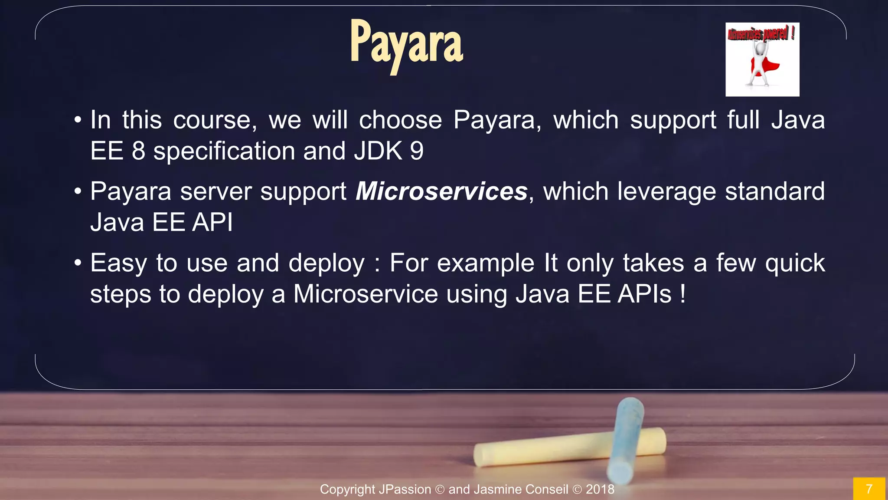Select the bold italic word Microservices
pyautogui.click(x=441, y=191)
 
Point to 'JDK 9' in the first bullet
pyautogui.click(x=388, y=151)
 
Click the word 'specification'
pyautogui.click(x=224, y=151)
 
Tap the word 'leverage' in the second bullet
pyautogui.click(x=666, y=191)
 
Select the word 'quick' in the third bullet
pyautogui.click(x=794, y=263)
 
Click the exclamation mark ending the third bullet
pyautogui.click(x=683, y=294)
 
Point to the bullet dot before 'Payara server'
pyautogui.click(x=78, y=191)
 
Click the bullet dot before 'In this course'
pyautogui.click(x=78, y=120)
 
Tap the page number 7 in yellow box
pyautogui.click(x=868, y=489)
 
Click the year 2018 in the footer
pyautogui.click(x=600, y=489)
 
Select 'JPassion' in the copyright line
pyautogui.click(x=405, y=489)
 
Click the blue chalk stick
pyautogui.click(x=626, y=438)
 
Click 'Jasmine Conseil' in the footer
pyautogui.click(x=521, y=489)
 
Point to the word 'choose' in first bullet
pyautogui.click(x=400, y=120)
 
